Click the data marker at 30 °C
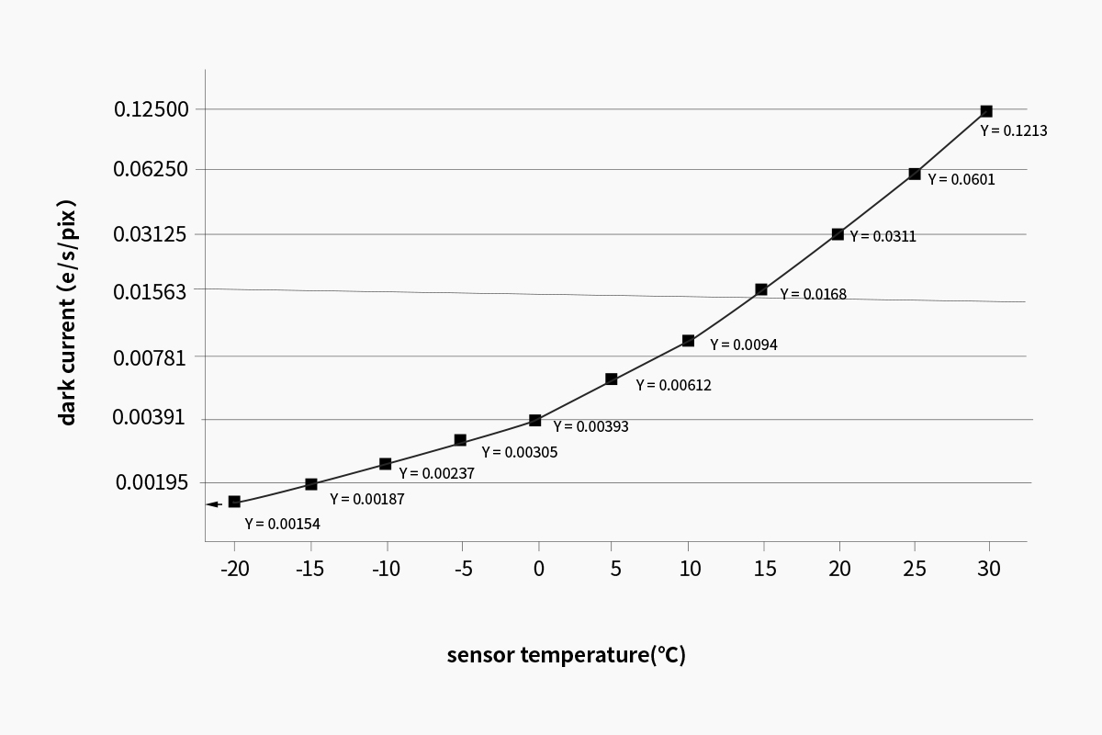986,111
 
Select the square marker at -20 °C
234,502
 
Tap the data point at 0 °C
535,421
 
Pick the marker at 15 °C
761,289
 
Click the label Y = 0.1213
1014,131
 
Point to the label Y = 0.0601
961,180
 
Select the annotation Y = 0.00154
282,524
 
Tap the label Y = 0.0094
744,345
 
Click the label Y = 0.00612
673,386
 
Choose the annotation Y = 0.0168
814,295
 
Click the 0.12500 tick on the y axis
152,109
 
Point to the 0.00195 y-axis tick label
152,482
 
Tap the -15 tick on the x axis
310,569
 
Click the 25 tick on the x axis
915,569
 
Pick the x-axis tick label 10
690,569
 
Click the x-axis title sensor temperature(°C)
567,655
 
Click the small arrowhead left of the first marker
212,503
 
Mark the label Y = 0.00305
520,452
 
